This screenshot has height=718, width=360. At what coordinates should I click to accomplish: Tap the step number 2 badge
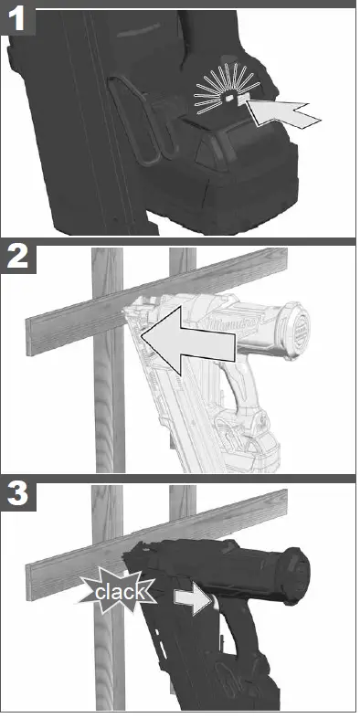click(18, 258)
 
